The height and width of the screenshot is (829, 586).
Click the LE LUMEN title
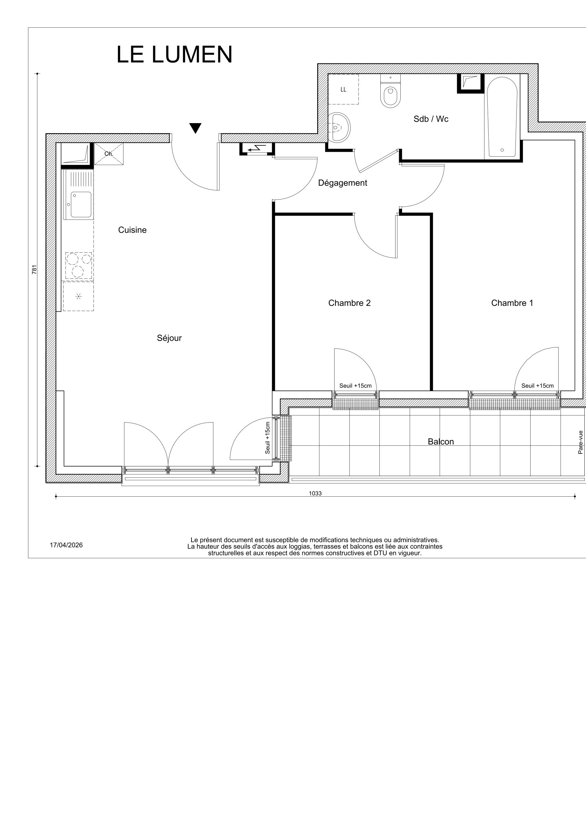(x=174, y=55)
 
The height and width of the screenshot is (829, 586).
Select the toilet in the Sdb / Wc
(x=390, y=94)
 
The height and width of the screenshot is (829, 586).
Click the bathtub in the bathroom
(x=502, y=117)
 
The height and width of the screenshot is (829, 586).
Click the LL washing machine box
(x=343, y=90)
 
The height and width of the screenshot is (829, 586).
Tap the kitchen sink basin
(x=81, y=204)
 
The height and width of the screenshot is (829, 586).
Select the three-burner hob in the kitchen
(x=78, y=265)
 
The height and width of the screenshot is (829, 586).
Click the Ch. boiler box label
(x=109, y=154)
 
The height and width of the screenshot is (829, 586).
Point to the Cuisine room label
(x=132, y=230)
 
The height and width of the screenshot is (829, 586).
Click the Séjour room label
(x=169, y=338)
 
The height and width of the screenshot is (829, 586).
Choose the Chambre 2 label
(x=349, y=303)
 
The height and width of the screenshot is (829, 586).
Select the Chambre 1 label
(x=512, y=303)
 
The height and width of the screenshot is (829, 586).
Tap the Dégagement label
(x=342, y=183)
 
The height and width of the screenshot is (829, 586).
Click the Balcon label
(x=441, y=442)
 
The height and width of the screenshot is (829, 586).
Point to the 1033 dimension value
(x=315, y=493)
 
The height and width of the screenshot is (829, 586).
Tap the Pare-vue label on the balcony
(x=580, y=442)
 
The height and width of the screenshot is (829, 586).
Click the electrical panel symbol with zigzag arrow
(x=257, y=148)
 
